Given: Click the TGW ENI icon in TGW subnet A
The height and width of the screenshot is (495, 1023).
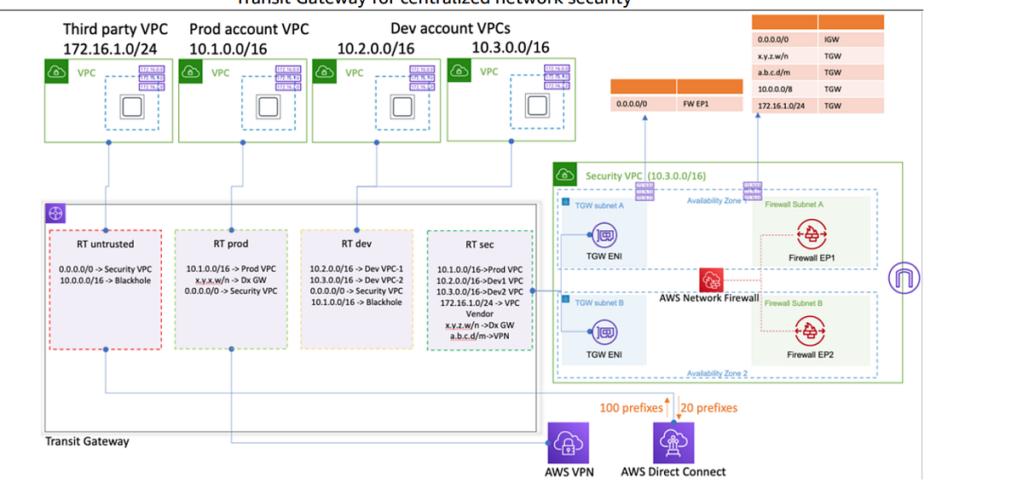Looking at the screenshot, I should (x=604, y=236).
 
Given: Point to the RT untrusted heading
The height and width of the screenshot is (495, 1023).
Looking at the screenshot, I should (x=105, y=245).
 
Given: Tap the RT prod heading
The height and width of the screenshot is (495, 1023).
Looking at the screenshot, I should (x=232, y=245).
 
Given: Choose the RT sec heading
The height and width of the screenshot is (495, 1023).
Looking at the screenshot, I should (x=479, y=245).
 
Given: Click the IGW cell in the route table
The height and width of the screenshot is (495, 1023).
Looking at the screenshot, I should (x=832, y=40).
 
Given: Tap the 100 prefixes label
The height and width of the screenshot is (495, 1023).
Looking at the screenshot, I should (x=631, y=408).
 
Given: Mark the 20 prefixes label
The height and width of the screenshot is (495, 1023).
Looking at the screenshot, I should (x=709, y=408).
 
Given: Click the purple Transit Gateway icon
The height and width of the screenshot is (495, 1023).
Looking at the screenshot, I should (x=56, y=214).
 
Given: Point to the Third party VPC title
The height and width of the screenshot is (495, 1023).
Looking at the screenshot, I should (x=114, y=29).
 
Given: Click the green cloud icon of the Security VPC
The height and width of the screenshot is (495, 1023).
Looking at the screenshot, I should (x=566, y=175).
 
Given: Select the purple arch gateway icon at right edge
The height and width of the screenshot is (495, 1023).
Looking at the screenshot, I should (x=905, y=279).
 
